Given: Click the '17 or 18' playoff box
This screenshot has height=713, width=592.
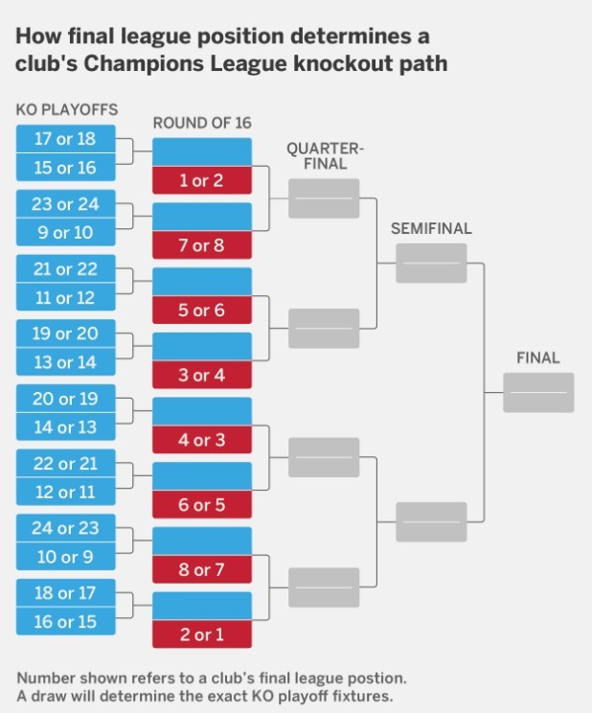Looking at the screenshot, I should coord(65,139).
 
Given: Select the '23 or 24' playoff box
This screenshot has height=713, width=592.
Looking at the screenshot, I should coord(65,204).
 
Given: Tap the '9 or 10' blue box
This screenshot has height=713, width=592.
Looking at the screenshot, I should coord(65,232).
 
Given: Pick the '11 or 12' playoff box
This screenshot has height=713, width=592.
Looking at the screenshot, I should coord(65,297).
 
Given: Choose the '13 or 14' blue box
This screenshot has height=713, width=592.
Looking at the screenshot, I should coord(65,362).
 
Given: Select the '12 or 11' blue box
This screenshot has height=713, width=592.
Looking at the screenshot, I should coord(65,492).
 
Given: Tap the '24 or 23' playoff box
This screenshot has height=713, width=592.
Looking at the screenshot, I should coord(65,529).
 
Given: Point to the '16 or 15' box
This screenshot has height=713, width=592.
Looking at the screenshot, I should coord(65,621).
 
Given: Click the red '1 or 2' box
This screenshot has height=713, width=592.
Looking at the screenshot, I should coord(201,181).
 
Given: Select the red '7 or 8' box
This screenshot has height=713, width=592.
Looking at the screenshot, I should coord(201,246).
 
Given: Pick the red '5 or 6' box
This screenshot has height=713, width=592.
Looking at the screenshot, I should coord(201,310).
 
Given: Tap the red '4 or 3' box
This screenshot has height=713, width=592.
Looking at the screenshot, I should coord(201,441).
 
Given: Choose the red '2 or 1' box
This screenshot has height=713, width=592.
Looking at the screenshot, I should coord(201,634).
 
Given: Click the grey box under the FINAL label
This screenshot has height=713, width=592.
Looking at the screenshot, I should coord(537,392).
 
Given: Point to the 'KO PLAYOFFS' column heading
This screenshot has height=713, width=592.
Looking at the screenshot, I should coord(67,110).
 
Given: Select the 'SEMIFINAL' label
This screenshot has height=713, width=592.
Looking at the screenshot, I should coord(432,229).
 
